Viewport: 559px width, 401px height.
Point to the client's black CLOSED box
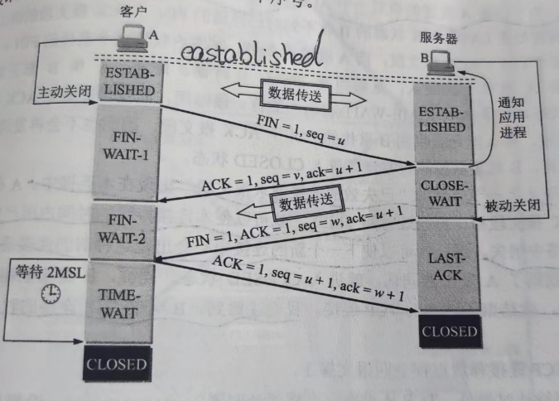click(x=117, y=365)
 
